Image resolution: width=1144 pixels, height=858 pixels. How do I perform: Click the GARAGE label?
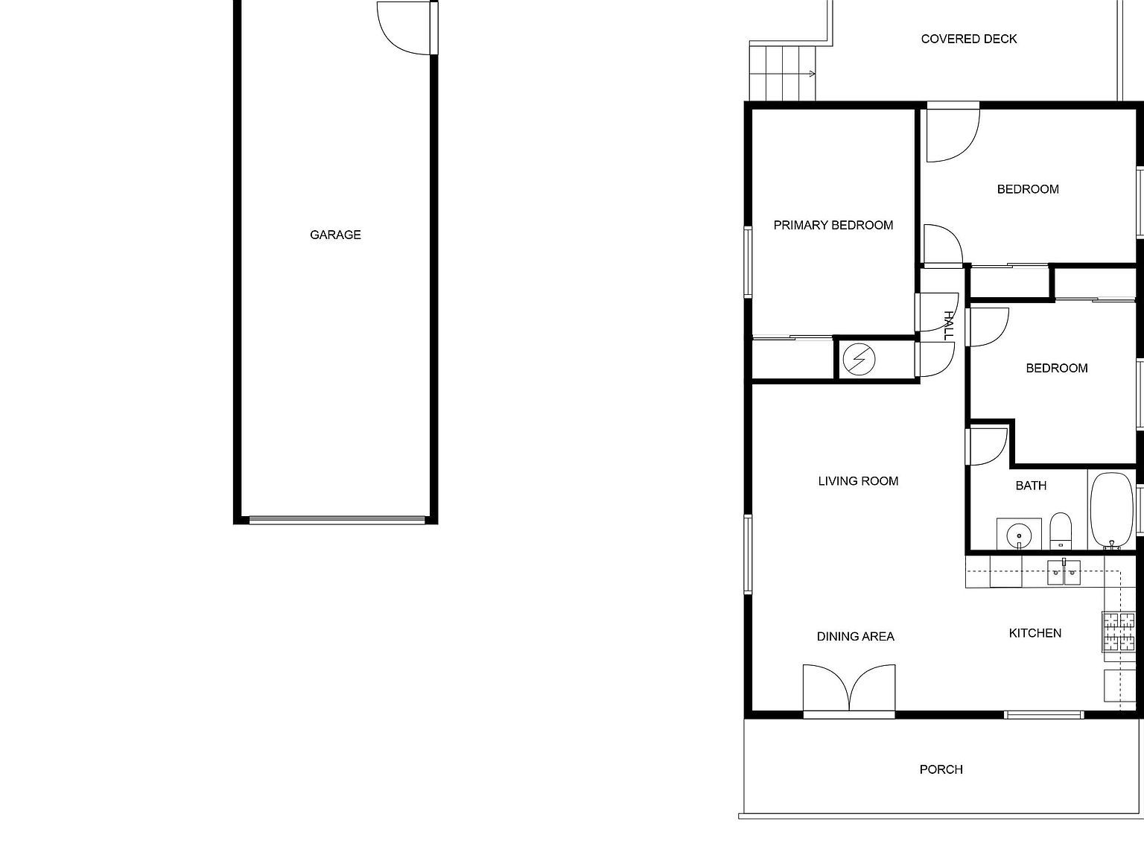(x=335, y=235)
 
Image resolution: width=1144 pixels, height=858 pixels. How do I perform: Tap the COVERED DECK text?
(x=968, y=39)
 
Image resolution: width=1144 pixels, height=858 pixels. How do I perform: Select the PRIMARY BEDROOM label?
(x=833, y=225)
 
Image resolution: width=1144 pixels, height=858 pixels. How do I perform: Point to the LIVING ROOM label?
(x=858, y=481)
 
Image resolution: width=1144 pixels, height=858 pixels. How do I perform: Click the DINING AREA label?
(x=855, y=636)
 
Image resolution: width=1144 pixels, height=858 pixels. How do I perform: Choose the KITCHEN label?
(x=1035, y=633)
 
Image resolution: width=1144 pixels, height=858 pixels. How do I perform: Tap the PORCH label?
(x=941, y=769)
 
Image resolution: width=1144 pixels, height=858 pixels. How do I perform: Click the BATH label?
(x=1031, y=486)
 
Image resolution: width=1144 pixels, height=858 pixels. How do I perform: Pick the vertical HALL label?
(x=948, y=325)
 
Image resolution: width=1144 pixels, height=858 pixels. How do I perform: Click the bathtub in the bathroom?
(x=1112, y=510)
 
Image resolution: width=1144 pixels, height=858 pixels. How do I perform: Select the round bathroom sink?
(x=1018, y=534)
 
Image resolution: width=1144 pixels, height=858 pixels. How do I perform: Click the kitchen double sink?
(x=1064, y=572)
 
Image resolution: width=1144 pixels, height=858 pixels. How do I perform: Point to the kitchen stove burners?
(x=1119, y=631)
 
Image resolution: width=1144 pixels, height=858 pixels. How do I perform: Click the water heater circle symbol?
(x=859, y=360)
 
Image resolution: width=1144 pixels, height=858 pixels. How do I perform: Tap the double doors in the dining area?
(x=849, y=690)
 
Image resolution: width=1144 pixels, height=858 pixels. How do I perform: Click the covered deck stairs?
(x=782, y=72)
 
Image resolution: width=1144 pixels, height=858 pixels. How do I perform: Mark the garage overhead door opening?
(x=337, y=520)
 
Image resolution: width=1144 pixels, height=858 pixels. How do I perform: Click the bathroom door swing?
(x=987, y=447)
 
